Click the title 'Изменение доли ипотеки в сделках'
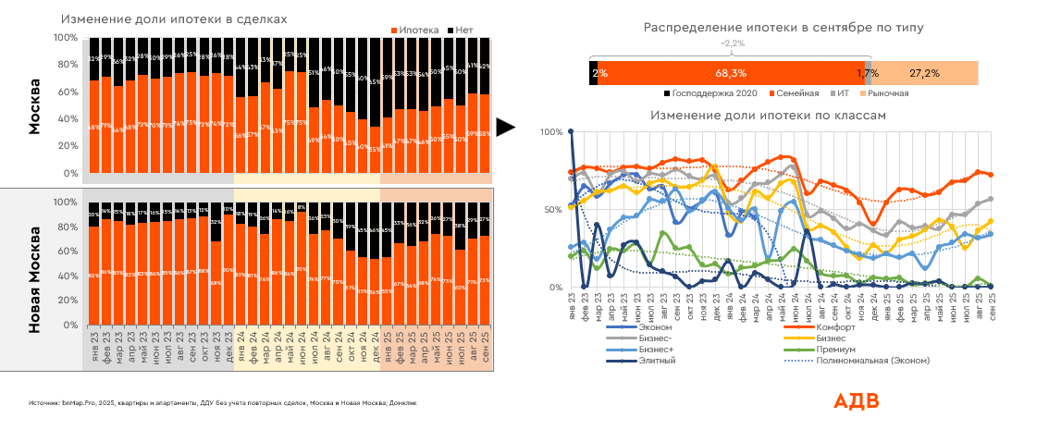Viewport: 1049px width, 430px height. click(x=174, y=18)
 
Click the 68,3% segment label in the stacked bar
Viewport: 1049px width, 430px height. click(x=731, y=72)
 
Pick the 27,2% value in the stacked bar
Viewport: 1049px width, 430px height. click(x=924, y=72)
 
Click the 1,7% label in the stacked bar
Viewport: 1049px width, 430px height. click(x=867, y=72)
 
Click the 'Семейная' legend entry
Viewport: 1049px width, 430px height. click(x=797, y=93)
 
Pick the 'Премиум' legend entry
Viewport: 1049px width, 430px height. click(x=836, y=350)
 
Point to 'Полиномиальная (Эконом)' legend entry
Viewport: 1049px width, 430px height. click(x=872, y=361)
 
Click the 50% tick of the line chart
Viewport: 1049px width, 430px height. click(x=551, y=210)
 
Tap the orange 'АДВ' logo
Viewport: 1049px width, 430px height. click(x=856, y=401)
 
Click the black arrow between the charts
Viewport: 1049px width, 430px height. click(x=505, y=128)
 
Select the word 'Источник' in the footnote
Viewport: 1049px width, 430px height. click(x=44, y=404)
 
